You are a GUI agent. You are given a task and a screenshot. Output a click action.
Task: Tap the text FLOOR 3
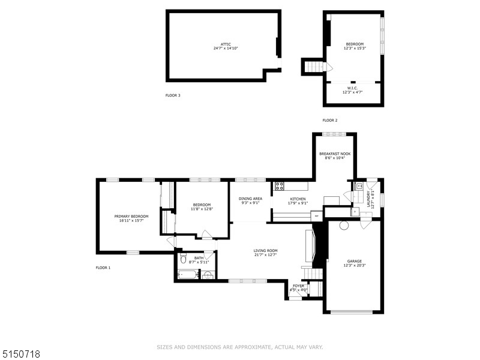tap(173, 95)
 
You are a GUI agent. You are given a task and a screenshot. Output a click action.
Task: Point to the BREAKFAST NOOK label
tap(334, 154)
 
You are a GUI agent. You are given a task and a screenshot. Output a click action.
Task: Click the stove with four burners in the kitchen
tap(280, 186)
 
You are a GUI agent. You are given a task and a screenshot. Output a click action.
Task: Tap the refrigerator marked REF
tap(316, 215)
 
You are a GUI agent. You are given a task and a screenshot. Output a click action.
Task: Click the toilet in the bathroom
tap(183, 260)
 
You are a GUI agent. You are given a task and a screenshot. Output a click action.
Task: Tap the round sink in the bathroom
tap(207, 275)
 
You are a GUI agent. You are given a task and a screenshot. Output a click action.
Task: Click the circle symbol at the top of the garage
tap(344, 226)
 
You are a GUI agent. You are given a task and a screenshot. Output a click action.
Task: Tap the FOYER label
tap(298, 286)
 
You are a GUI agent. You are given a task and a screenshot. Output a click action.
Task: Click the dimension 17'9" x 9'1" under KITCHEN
tap(298, 203)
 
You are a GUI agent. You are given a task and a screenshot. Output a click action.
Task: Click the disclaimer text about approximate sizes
tap(240, 347)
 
